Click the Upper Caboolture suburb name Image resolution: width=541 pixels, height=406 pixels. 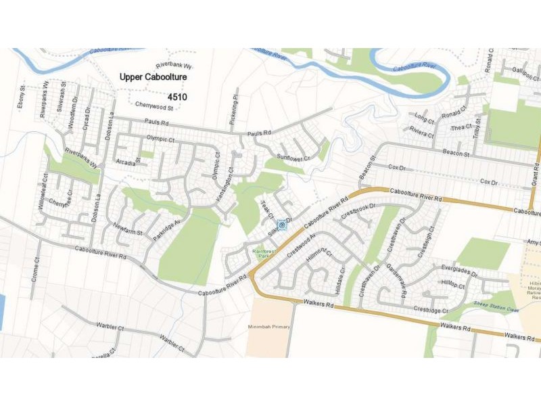pyautogui.click(x=153, y=78)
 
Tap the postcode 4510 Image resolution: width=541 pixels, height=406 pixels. pyautogui.click(x=177, y=97)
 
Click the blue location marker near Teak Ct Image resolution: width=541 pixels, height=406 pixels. pyautogui.click(x=282, y=225)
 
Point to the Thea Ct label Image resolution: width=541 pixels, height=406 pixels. pyautogui.click(x=462, y=128)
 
